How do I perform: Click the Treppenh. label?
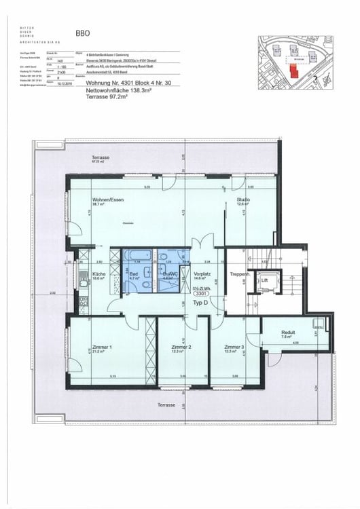pos(239,274)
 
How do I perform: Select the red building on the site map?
pos(293,71)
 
